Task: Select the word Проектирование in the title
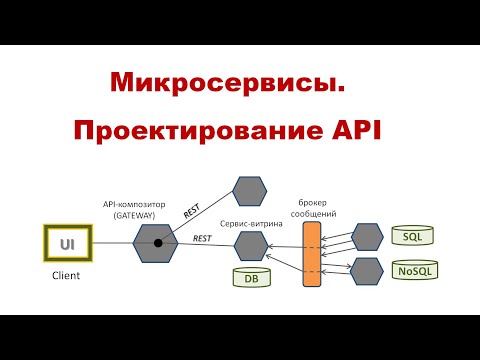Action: coord(190,131)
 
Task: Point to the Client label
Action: coord(66,275)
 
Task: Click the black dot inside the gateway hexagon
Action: coord(158,243)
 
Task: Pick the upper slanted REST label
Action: coord(192,211)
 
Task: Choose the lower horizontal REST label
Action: coord(201,238)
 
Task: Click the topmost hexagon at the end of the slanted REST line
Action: coord(249,190)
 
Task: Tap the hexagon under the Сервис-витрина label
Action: coord(249,243)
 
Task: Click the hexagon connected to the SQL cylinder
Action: coord(366,236)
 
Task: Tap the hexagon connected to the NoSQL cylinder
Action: coord(366,270)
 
